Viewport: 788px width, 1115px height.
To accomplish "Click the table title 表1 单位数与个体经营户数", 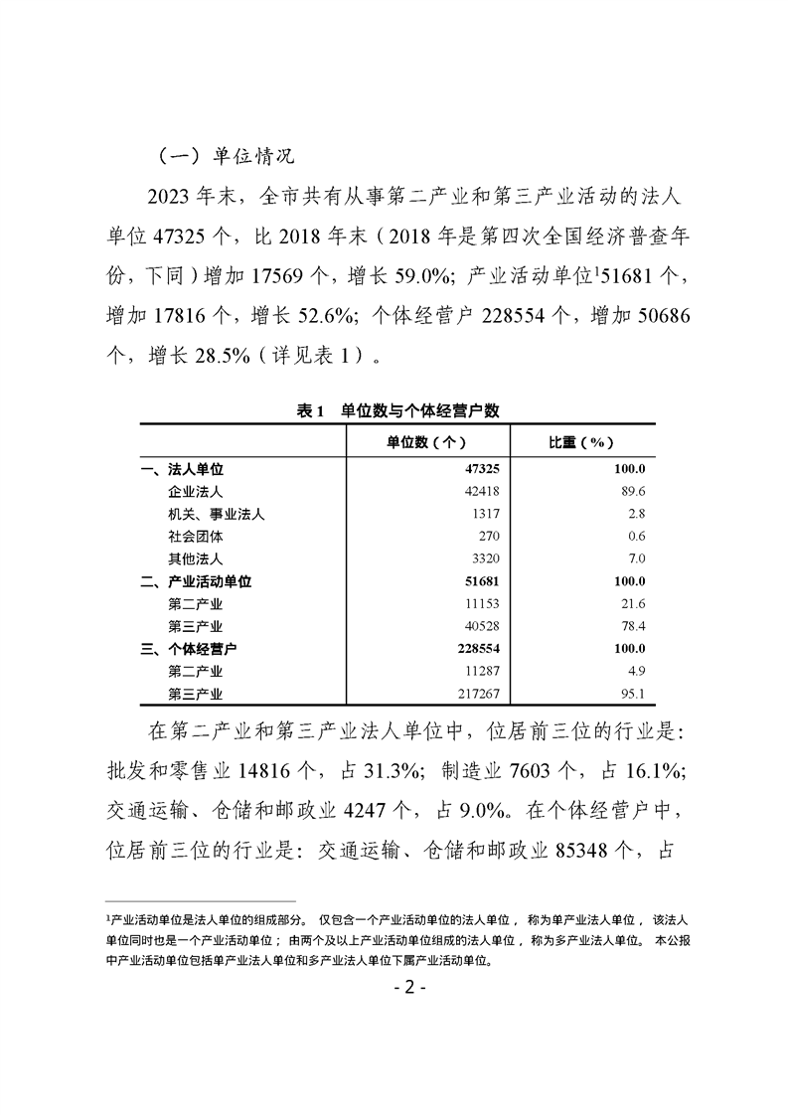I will [397, 409].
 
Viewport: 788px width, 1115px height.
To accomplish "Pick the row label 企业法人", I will [196, 491].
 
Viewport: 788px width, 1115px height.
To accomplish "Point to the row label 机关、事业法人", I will [217, 514].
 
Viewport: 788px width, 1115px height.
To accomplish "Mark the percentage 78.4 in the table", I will [633, 627].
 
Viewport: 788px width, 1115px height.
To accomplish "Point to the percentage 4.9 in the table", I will [636, 672].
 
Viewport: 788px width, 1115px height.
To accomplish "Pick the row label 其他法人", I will [196, 558].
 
